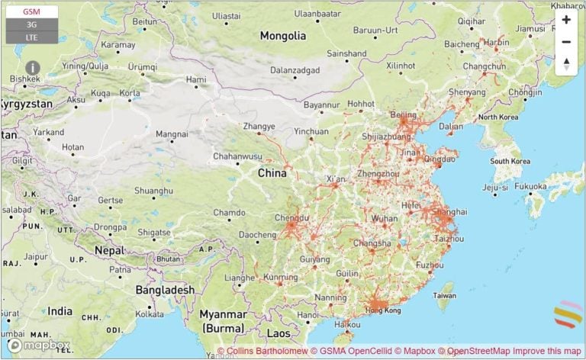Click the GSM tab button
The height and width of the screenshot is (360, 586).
coord(31,11)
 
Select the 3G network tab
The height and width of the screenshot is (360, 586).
coord(31,24)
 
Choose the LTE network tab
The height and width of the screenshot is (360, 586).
coord(31,37)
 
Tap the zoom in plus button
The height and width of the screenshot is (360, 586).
coord(565,20)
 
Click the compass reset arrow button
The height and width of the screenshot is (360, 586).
coord(565,64)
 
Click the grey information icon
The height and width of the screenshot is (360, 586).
coord(33,68)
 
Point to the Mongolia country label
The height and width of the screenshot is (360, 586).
coord(282,36)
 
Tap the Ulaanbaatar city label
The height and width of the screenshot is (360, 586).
coord(317,14)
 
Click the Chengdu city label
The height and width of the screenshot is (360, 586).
coord(291,217)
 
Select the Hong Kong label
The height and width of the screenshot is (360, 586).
coord(382,310)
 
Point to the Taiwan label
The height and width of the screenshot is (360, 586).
coord(444,295)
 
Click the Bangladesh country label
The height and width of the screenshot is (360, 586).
coord(165,290)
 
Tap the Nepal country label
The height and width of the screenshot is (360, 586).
coord(109,250)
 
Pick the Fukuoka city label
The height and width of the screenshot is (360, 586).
coord(530,186)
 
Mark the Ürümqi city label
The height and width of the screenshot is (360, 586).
coord(142,67)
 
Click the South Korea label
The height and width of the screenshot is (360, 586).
coord(510,161)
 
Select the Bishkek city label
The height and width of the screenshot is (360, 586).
coord(25,79)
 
